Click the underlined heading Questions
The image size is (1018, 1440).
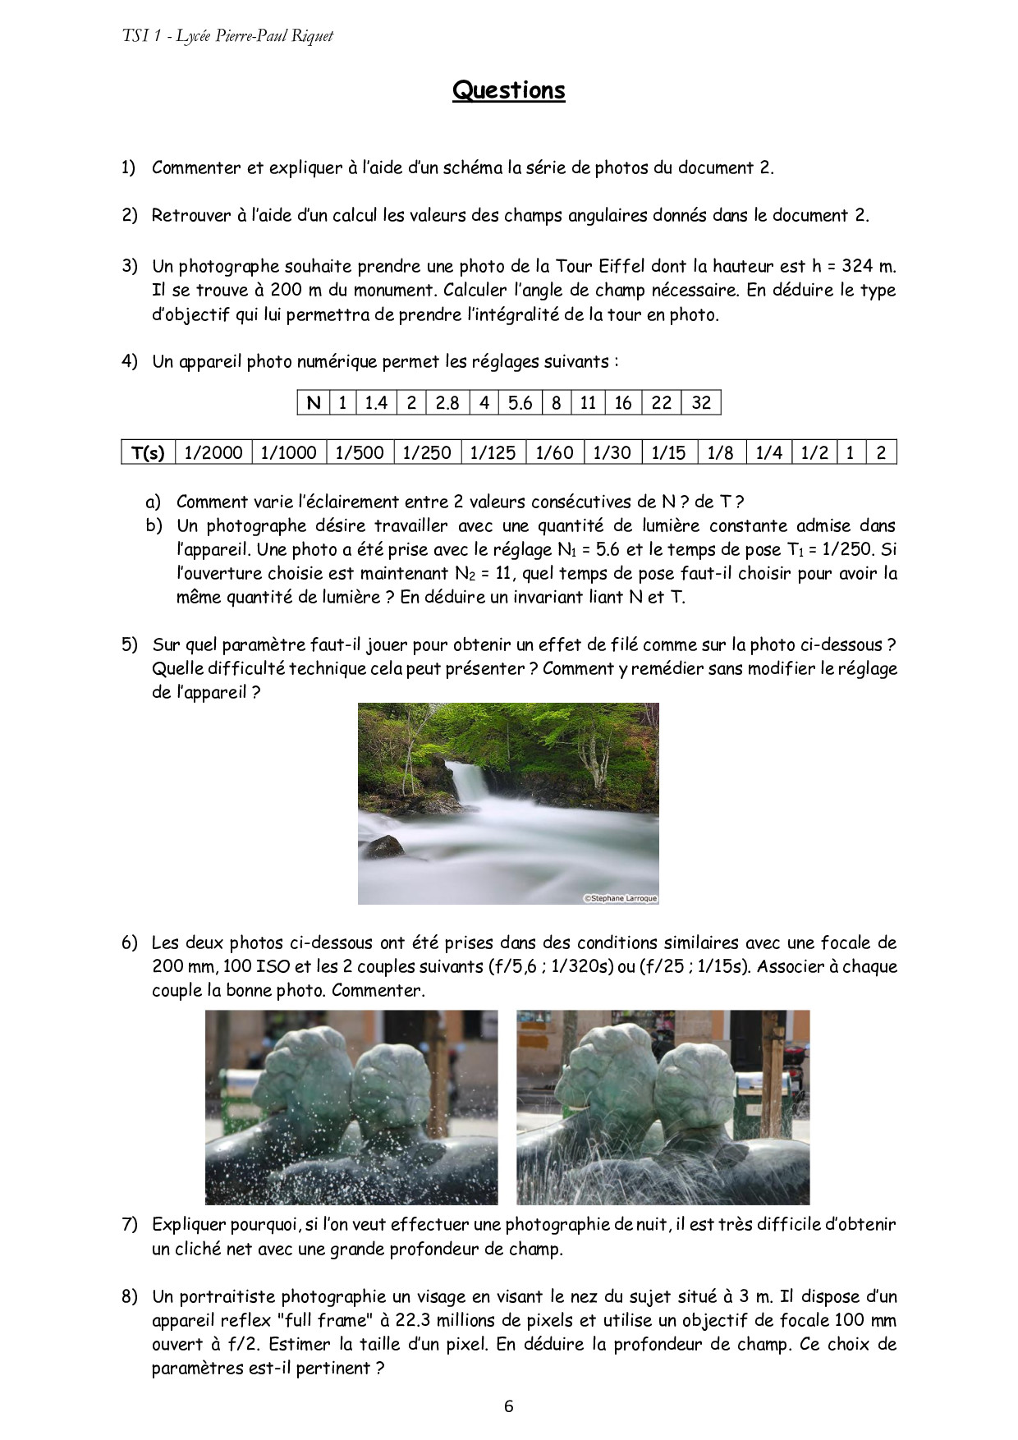(508, 90)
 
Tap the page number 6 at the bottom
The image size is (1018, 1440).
(509, 1406)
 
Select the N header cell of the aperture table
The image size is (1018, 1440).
(313, 402)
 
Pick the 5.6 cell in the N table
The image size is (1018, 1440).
(520, 402)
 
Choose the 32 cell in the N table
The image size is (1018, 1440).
(701, 402)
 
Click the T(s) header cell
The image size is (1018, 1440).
(149, 452)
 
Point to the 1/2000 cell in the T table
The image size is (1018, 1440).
(213, 452)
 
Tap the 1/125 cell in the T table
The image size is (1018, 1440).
(493, 452)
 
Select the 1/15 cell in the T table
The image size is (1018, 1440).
(668, 452)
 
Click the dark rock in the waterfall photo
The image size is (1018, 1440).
(384, 846)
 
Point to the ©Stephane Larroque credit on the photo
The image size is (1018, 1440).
(621, 898)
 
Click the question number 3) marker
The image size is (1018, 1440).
(130, 265)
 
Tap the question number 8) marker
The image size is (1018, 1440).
(130, 1296)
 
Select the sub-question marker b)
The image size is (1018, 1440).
(154, 525)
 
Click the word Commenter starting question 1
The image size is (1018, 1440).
(196, 168)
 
